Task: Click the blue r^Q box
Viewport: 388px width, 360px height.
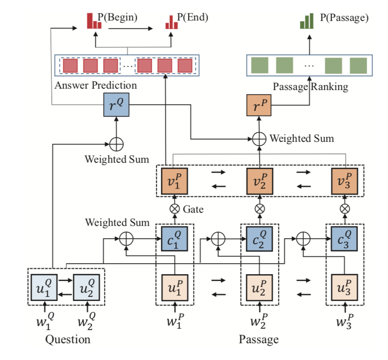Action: tap(117, 105)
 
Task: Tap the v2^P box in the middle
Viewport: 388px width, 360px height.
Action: tap(259, 180)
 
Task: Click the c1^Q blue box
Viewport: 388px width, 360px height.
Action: tap(174, 239)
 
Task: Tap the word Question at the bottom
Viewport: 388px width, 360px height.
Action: tap(68, 340)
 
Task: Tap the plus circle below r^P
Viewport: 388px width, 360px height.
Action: tap(259, 138)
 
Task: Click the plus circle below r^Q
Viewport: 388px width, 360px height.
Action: tap(117, 145)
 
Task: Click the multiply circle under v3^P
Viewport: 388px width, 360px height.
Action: tap(345, 209)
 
